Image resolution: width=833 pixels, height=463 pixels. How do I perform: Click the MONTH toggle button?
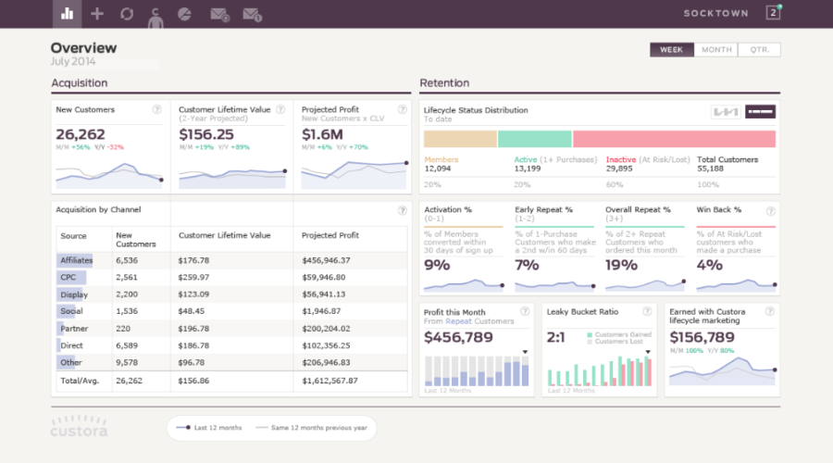pyautogui.click(x=716, y=50)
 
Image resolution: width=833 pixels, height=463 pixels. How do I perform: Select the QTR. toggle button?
pyautogui.click(x=759, y=50)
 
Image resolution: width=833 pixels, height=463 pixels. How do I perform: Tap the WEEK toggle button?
pyautogui.click(x=671, y=50)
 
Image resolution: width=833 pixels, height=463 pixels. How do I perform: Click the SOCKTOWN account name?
pyautogui.click(x=716, y=13)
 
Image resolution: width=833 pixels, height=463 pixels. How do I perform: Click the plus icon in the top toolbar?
pyautogui.click(x=97, y=13)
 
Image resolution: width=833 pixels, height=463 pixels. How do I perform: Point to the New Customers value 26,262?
pyautogui.click(x=81, y=133)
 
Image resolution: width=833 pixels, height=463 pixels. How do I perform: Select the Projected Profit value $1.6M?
pyautogui.click(x=321, y=133)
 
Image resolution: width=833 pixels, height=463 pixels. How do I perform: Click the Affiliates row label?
pyautogui.click(x=76, y=260)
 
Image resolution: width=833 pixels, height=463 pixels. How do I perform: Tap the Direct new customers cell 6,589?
pyautogui.click(x=127, y=344)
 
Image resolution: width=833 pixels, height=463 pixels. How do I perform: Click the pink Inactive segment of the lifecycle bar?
pyautogui.click(x=674, y=139)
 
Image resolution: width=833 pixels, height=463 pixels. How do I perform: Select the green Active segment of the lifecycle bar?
pyautogui.click(x=534, y=139)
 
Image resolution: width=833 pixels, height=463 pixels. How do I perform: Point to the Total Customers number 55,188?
pyautogui.click(x=711, y=169)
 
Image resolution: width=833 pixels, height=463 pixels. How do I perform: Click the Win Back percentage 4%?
pyautogui.click(x=709, y=265)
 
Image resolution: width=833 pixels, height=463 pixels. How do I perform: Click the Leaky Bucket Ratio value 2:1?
pyautogui.click(x=556, y=337)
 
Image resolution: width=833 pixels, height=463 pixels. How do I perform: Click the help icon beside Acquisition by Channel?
pyautogui.click(x=402, y=210)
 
